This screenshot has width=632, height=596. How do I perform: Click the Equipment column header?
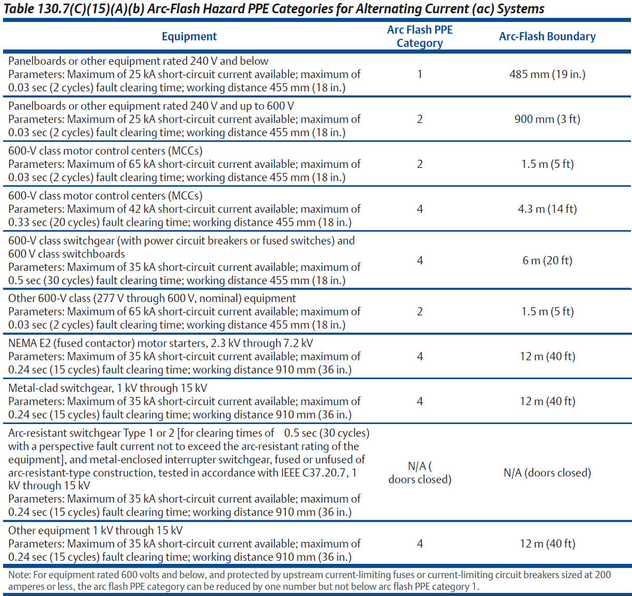pos(189,36)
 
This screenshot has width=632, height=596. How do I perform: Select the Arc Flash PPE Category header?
pos(420,36)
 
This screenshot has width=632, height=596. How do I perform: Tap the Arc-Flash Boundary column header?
pos(547,36)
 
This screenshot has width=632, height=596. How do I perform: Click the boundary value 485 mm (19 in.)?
pos(547,74)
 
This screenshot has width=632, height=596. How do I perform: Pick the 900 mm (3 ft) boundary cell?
pos(547,119)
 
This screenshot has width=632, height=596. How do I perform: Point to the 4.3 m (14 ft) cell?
pos(547,209)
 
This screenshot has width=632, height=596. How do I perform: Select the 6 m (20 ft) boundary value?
pos(547,260)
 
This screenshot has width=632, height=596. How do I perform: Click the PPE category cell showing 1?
pos(420,74)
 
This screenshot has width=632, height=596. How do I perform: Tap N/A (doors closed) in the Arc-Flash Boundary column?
pos(547,473)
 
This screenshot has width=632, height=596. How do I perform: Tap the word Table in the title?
pos(19,9)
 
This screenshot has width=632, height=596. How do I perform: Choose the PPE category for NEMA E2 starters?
pos(420,356)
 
